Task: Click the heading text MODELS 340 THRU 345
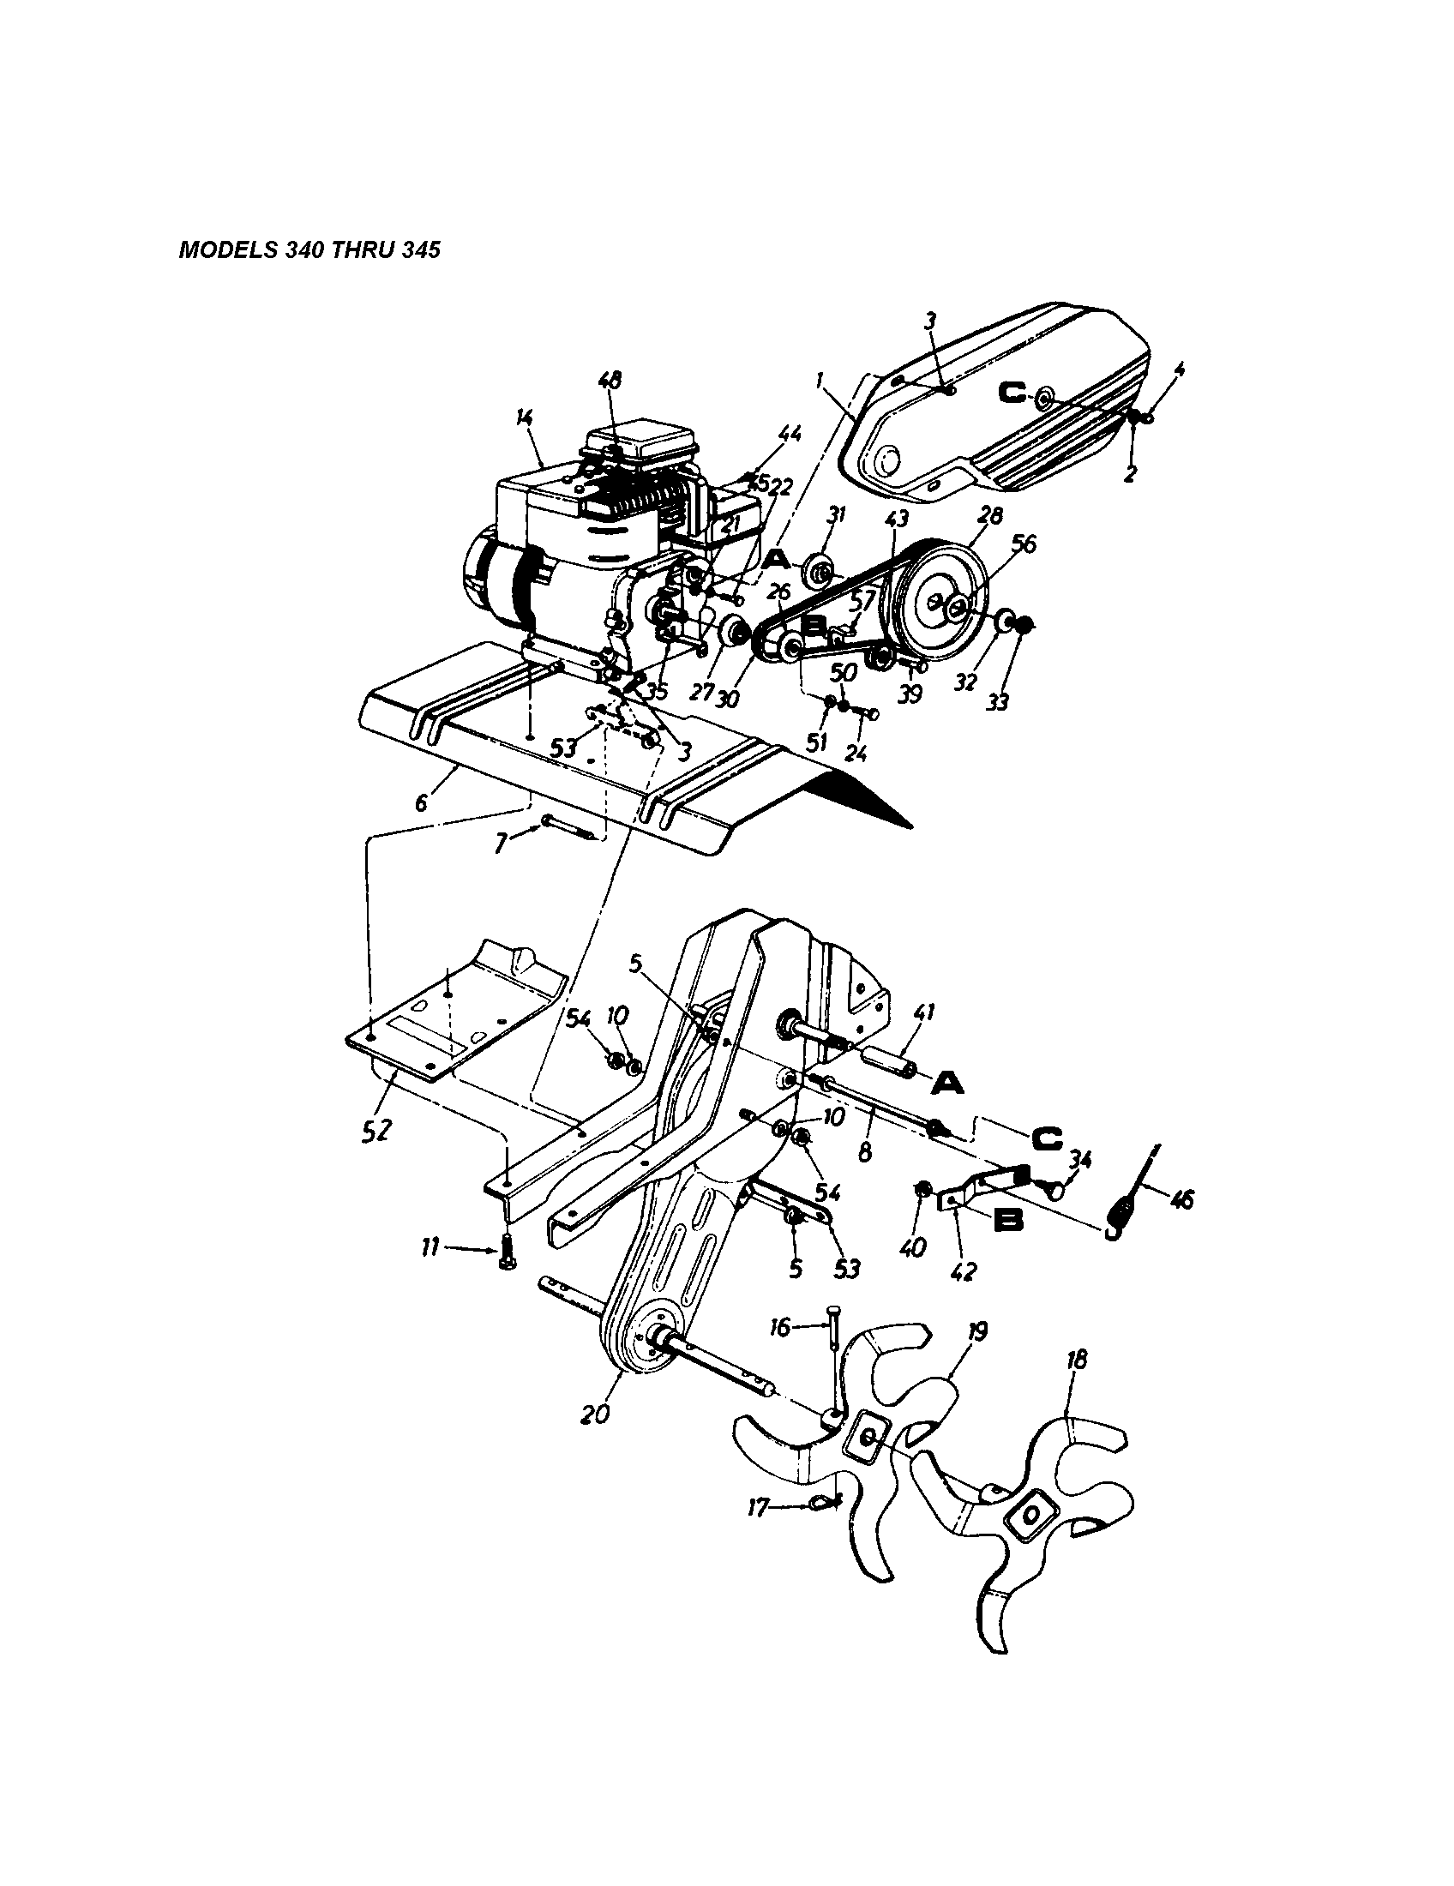[x=309, y=250]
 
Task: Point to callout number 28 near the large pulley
[x=990, y=515]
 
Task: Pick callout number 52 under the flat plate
[x=377, y=1131]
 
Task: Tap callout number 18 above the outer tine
[x=1077, y=1360]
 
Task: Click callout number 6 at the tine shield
[x=420, y=802]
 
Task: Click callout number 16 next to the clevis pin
[x=779, y=1327]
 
